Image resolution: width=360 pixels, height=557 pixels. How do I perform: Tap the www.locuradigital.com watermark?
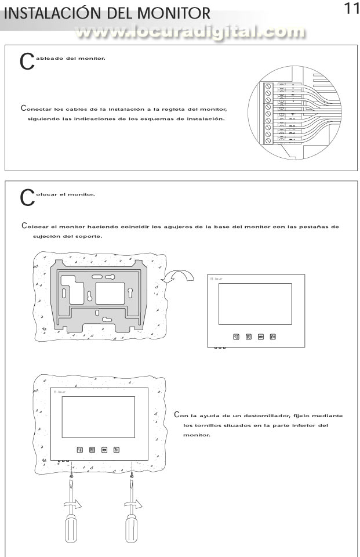(x=191, y=34)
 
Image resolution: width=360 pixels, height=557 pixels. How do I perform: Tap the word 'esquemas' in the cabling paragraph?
(x=166, y=119)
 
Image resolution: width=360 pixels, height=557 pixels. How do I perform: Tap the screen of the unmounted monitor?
(x=255, y=303)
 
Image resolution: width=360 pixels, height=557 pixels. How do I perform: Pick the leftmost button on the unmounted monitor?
(x=236, y=337)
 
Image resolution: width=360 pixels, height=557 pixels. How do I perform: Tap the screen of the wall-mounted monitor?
(x=98, y=416)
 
